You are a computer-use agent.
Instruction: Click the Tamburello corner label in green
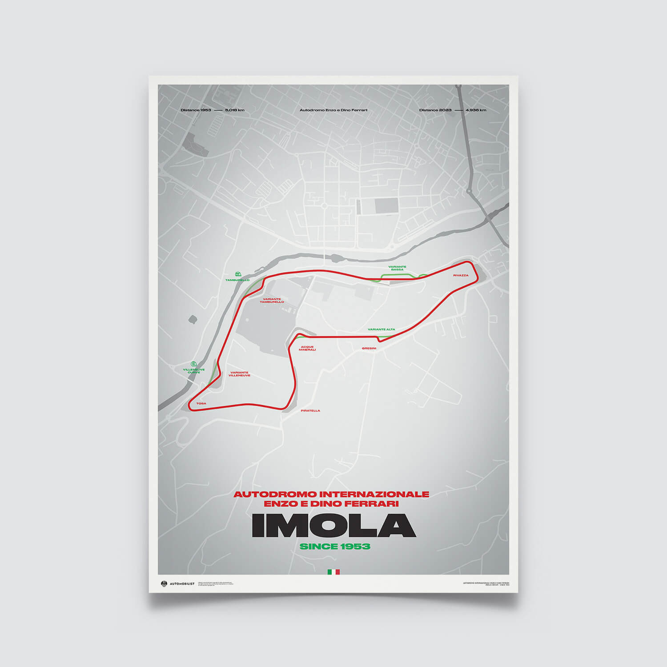pyautogui.click(x=237, y=280)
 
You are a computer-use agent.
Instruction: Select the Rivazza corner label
pyautogui.click(x=461, y=275)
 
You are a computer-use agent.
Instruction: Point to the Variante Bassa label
pyautogui.click(x=397, y=268)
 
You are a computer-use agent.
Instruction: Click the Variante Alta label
pyautogui.click(x=381, y=329)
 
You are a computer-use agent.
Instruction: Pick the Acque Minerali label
pyautogui.click(x=307, y=348)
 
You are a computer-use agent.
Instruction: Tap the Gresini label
pyautogui.click(x=369, y=348)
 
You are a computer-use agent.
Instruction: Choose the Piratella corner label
pyautogui.click(x=310, y=410)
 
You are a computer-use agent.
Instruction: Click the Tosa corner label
pyautogui.click(x=201, y=403)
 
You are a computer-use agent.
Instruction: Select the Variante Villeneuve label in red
pyautogui.click(x=239, y=374)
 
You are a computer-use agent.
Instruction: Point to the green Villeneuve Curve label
pyautogui.click(x=194, y=371)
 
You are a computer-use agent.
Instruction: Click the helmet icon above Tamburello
pyautogui.click(x=237, y=273)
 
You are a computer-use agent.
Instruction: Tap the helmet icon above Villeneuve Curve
pyautogui.click(x=193, y=364)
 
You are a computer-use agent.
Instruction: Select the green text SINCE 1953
pyautogui.click(x=335, y=546)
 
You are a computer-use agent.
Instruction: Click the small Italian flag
pyautogui.click(x=333, y=572)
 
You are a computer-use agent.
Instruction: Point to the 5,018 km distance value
pyautogui.click(x=235, y=110)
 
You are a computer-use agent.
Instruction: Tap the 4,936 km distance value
pyautogui.click(x=476, y=110)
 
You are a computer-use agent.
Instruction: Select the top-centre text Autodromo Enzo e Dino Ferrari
pyautogui.click(x=333, y=110)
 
